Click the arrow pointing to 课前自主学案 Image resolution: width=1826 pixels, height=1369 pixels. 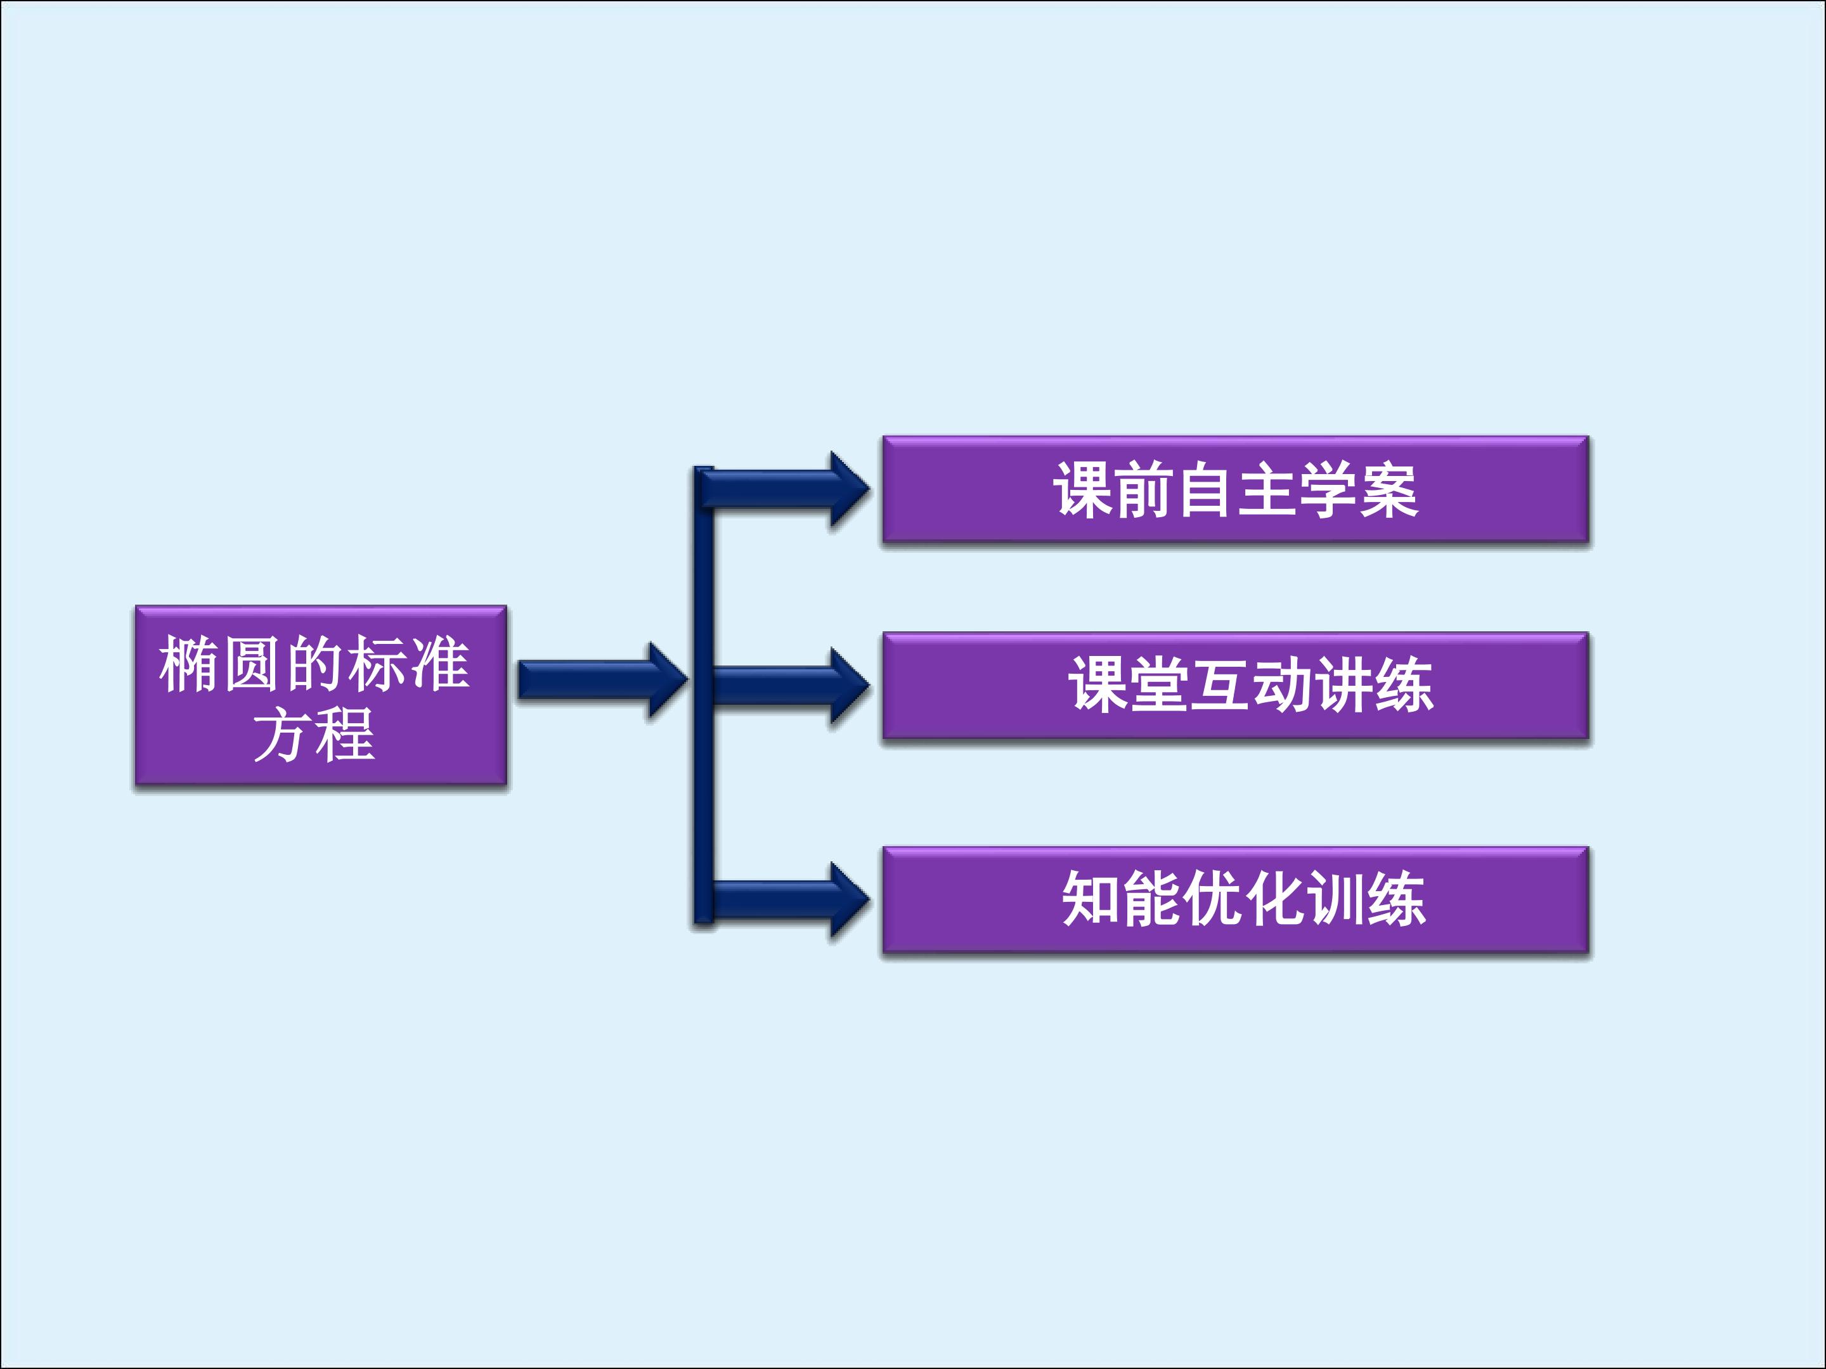click(784, 489)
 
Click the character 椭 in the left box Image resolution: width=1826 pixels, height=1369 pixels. click(190, 665)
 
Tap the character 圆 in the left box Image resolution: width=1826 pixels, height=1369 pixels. click(252, 665)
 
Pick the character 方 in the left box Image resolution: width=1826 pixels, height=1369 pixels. click(282, 735)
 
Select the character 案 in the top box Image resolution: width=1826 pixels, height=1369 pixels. click(1389, 490)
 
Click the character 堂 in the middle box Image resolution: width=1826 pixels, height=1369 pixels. click(1159, 685)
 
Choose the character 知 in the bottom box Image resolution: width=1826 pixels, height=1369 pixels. click(1091, 899)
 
